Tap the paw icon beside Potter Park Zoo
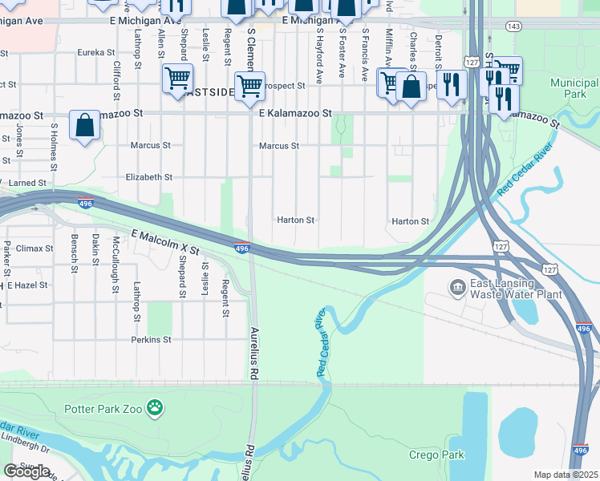point(156,409)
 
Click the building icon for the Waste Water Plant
point(457,287)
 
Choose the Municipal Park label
point(574,89)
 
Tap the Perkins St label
point(152,340)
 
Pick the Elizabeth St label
point(149,177)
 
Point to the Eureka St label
point(96,53)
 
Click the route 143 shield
point(514,26)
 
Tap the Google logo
point(27,471)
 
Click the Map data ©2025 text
point(566,475)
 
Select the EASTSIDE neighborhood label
point(209,92)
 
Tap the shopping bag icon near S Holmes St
point(84,126)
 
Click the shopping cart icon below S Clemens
point(250,86)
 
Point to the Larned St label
point(27,184)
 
